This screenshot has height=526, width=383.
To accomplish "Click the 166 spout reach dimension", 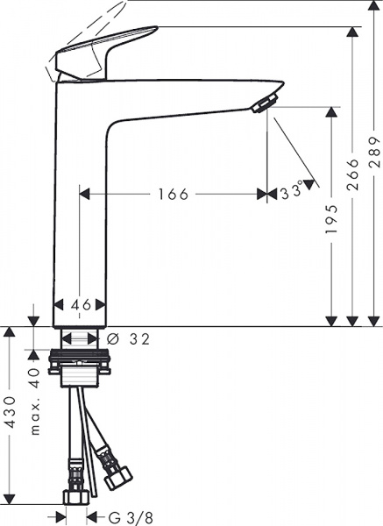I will pos(173,194).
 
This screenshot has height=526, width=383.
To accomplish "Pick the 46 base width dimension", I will pos(81,305).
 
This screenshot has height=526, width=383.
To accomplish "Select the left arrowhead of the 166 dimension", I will pos(85,194).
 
